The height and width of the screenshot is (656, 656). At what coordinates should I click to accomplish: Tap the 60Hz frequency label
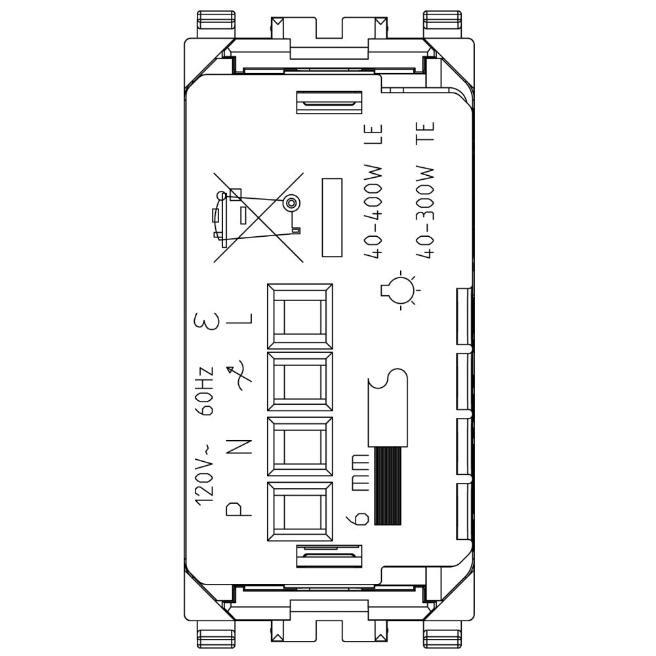207,391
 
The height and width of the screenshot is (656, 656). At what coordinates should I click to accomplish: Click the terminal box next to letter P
300,511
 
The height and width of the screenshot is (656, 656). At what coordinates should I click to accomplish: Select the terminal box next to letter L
300,316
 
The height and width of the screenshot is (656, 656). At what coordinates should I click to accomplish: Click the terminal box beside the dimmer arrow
300,382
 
